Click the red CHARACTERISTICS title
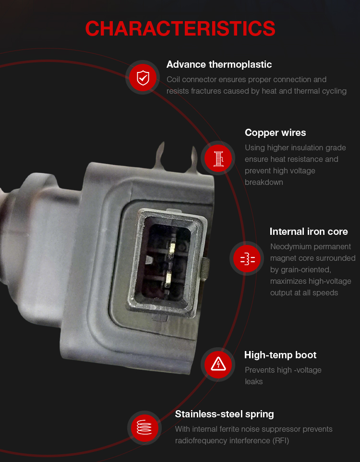180,29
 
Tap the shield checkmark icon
143,77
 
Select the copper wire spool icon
218,158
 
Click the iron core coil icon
247,258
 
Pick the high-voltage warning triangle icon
218,365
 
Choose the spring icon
144,427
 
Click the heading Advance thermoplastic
219,64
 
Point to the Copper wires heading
275,133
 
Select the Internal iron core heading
309,231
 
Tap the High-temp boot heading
280,355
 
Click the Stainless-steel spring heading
224,414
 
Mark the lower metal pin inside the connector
168,279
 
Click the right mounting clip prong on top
193,159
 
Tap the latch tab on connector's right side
205,268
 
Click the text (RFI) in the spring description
281,441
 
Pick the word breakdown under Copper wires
264,182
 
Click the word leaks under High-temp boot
253,382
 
